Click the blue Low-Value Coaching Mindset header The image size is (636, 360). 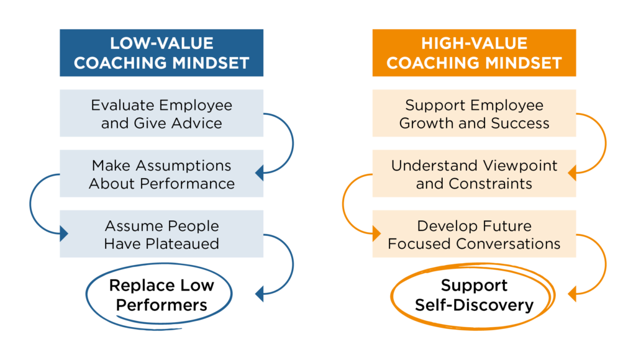tap(161, 53)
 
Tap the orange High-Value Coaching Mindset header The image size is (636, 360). tap(474, 53)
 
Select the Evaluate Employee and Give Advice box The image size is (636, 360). tap(161, 113)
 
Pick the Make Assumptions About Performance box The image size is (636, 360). tap(161, 174)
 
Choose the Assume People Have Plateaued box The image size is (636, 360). tap(161, 234)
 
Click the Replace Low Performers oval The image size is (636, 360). tap(159, 264)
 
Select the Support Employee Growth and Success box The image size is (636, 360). tap(474, 113)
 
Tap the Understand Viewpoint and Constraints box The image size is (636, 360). tap(474, 174)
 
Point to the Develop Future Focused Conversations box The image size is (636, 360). tap(474, 234)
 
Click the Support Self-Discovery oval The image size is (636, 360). tap(473, 265)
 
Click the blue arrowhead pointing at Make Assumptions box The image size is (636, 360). tap(259, 173)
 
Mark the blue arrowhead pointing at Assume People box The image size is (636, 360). tap(64, 233)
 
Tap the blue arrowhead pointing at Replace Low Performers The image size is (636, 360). tap(259, 294)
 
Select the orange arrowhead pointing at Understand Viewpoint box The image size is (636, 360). tap(572, 173)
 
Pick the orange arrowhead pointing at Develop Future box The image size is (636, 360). tap(377, 233)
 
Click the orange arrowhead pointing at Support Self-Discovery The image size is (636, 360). tap(572, 294)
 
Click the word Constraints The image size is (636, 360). tap(491, 184)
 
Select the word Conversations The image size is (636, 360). tap(508, 244)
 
